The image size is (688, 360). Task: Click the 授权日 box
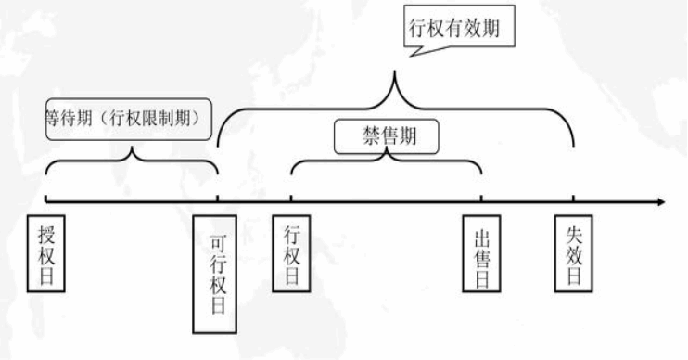click(46, 253)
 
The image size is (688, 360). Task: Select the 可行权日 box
click(214, 275)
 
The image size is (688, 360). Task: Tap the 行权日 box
click(291, 253)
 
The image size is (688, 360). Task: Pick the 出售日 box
click(481, 253)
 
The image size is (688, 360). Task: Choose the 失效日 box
click(573, 253)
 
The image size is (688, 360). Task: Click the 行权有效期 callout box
click(459, 26)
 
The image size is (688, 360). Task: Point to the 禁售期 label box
click(387, 136)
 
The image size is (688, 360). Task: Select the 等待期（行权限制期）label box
click(129, 119)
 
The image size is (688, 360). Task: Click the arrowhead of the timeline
click(661, 202)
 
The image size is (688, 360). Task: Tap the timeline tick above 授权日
click(45, 199)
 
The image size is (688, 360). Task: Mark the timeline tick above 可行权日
click(218, 199)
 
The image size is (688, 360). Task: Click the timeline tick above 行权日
click(291, 199)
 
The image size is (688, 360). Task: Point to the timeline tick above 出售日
click(481, 199)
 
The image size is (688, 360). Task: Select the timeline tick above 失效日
click(573, 199)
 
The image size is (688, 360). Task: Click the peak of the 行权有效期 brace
click(394, 71)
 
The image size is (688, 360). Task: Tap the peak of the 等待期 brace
click(132, 148)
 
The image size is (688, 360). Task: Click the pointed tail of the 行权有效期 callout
click(411, 56)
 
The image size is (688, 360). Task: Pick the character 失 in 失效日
click(573, 236)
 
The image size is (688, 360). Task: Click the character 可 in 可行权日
click(218, 244)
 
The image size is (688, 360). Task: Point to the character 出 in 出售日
click(481, 238)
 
